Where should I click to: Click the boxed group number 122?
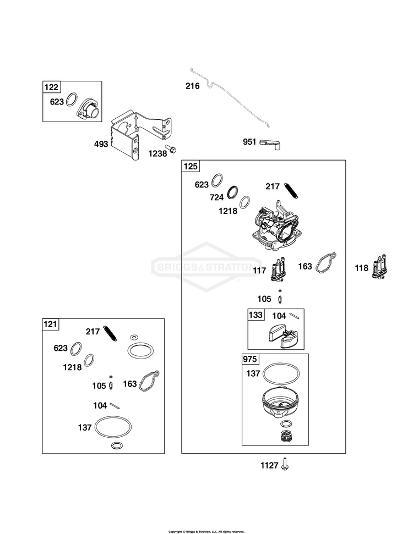pyautogui.click(x=52, y=87)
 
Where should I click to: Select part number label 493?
pyautogui.click(x=101, y=144)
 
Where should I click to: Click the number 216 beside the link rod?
pyautogui.click(x=192, y=86)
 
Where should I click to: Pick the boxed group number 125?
pyautogui.click(x=191, y=166)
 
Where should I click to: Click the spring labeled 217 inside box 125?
pyautogui.click(x=292, y=190)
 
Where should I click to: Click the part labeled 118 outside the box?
pyautogui.click(x=380, y=268)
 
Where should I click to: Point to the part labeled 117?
pyautogui.click(x=278, y=270)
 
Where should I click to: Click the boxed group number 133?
pyautogui.click(x=256, y=315)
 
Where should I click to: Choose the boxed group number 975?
pyautogui.click(x=250, y=359)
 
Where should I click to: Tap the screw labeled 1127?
pyautogui.click(x=285, y=465)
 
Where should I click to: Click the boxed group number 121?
pyautogui.click(x=50, y=324)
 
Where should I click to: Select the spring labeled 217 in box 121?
pyautogui.click(x=111, y=333)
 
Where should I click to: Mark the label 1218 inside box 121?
pyautogui.click(x=72, y=367)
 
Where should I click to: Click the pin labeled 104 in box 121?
pyautogui.click(x=115, y=405)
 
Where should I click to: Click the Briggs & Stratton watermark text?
pyautogui.click(x=205, y=267)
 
